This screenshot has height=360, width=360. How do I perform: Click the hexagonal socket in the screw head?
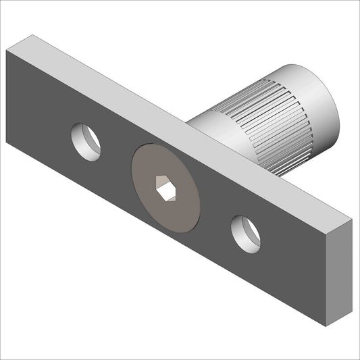[x=165, y=188]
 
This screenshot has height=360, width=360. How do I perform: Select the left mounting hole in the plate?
[x=86, y=142]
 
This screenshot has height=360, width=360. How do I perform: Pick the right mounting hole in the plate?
[x=245, y=234]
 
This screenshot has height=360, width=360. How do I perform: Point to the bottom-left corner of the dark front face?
[x=7, y=143]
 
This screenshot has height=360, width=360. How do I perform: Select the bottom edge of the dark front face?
[x=169, y=236]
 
